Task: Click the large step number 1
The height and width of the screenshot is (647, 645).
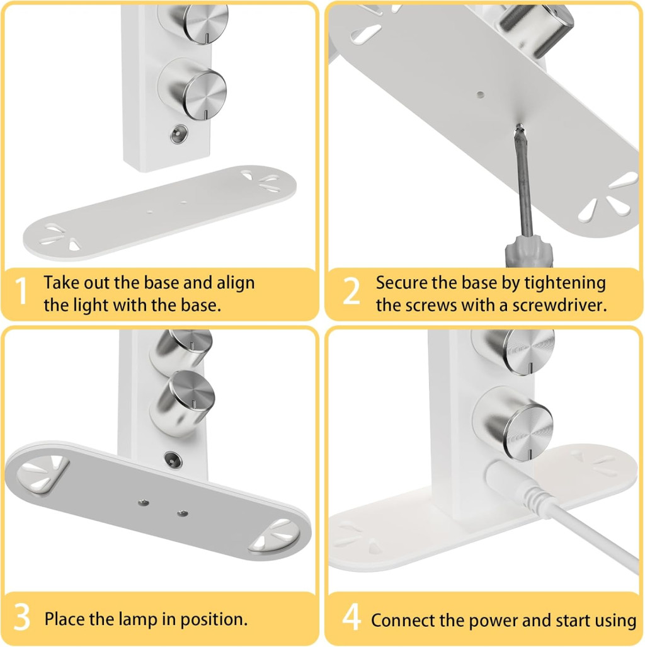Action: [x=21, y=290]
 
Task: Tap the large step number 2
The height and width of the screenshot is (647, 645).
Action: [x=351, y=290]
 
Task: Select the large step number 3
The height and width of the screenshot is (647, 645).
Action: [x=22, y=617]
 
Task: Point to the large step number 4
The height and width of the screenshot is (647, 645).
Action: [x=351, y=617]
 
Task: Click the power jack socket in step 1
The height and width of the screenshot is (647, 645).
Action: [x=179, y=135]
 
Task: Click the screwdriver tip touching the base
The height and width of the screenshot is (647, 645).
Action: [x=519, y=127]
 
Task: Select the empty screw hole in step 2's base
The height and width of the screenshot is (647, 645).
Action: [x=480, y=95]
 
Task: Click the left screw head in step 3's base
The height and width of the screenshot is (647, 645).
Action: [x=143, y=503]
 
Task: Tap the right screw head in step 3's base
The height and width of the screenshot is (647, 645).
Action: [x=183, y=513]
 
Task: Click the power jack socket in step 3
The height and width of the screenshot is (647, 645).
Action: [x=173, y=459]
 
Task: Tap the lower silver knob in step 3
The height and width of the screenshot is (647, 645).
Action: [x=183, y=403]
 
